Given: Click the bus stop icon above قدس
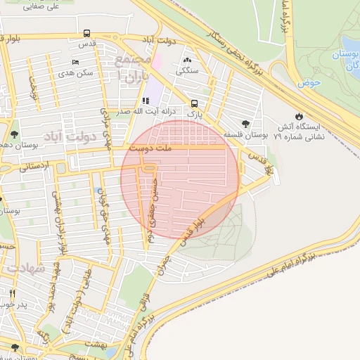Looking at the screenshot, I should [86, 33].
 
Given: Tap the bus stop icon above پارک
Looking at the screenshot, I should [194, 103].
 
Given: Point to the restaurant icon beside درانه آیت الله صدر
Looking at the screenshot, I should [146, 101].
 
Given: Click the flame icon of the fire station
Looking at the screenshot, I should [300, 115].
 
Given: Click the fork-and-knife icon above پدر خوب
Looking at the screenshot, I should [12, 292].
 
